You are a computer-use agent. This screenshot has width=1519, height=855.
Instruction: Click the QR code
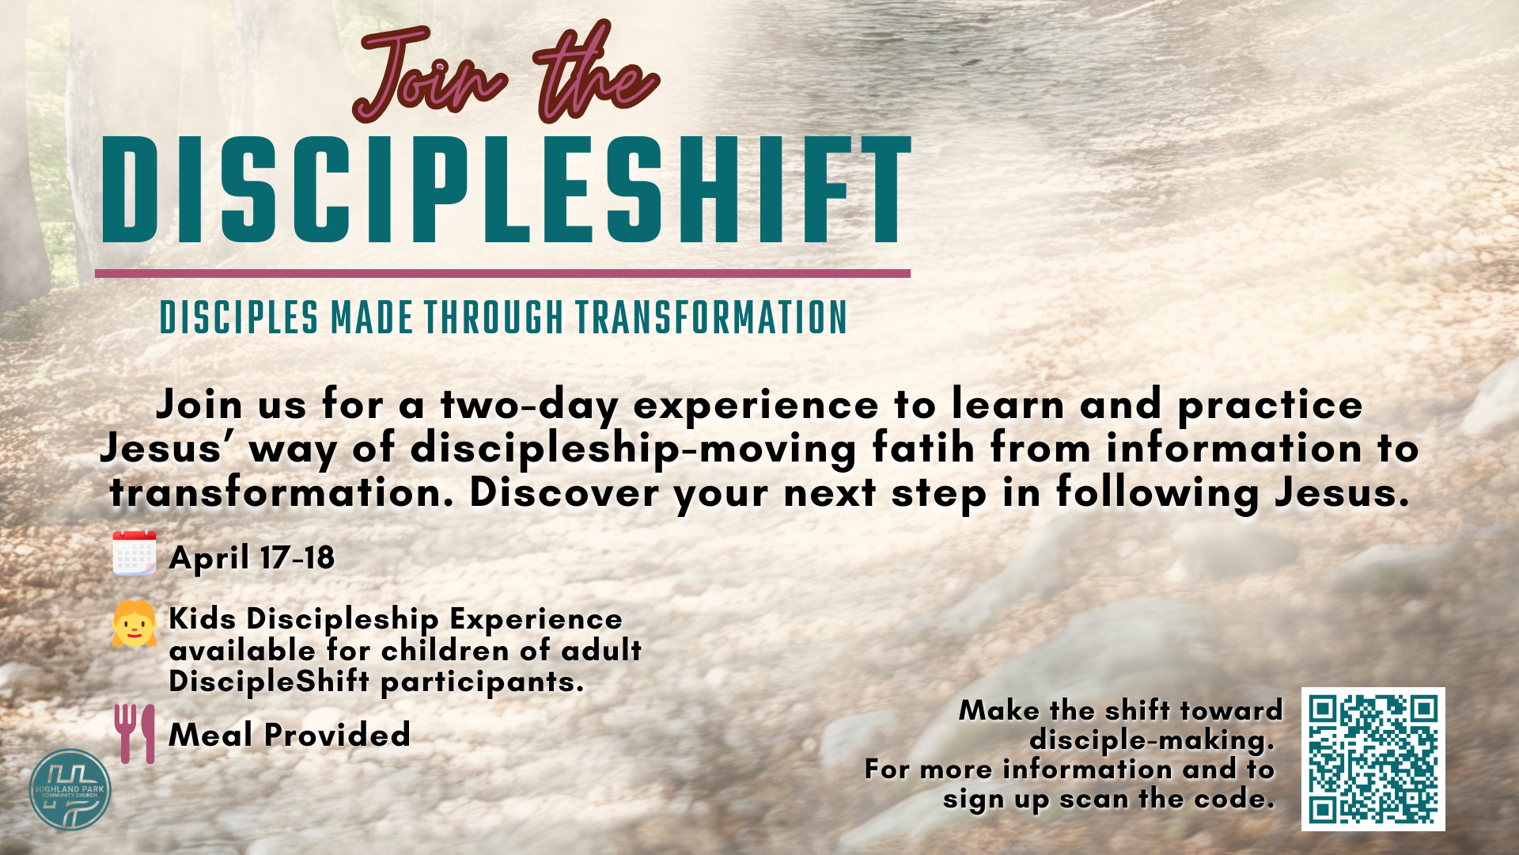click(1373, 759)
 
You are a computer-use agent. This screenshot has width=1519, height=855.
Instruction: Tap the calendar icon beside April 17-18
click(134, 553)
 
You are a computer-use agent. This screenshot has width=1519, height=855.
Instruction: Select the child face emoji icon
click(134, 624)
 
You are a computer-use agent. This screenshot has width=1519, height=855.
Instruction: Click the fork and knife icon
click(135, 734)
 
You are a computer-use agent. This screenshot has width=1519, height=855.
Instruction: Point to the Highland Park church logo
click(70, 789)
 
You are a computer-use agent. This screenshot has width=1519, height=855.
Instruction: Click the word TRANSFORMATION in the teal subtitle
click(711, 317)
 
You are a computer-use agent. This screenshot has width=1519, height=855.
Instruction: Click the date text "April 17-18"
click(252, 558)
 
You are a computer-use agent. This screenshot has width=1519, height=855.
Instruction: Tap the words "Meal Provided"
click(290, 735)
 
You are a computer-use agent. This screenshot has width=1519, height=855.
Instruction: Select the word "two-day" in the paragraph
click(530, 406)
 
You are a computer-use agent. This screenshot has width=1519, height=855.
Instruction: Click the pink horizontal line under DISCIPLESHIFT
click(502, 274)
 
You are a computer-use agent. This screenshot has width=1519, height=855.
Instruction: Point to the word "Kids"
click(203, 618)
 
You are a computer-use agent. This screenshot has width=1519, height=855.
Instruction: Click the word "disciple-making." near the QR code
click(1152, 740)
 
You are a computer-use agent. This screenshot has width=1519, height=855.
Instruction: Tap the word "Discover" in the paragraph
click(564, 492)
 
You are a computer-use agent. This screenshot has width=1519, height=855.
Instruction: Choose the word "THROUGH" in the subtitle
click(494, 317)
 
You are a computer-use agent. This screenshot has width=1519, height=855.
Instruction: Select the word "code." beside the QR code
click(1234, 799)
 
